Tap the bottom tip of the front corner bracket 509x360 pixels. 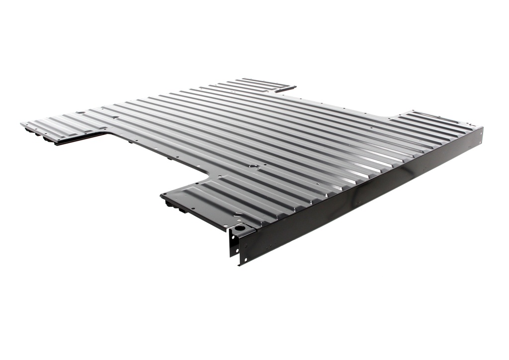point(240,264)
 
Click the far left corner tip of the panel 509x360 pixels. point(21,123)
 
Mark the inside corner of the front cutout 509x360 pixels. point(208,173)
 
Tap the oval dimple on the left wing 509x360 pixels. point(115,118)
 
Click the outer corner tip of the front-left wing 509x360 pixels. point(162,196)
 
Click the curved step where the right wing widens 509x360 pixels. point(393,118)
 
